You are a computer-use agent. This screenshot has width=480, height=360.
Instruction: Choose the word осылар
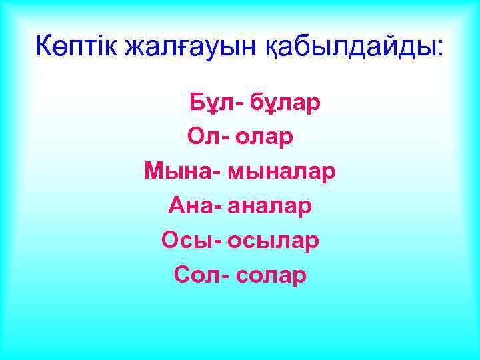(273, 240)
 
